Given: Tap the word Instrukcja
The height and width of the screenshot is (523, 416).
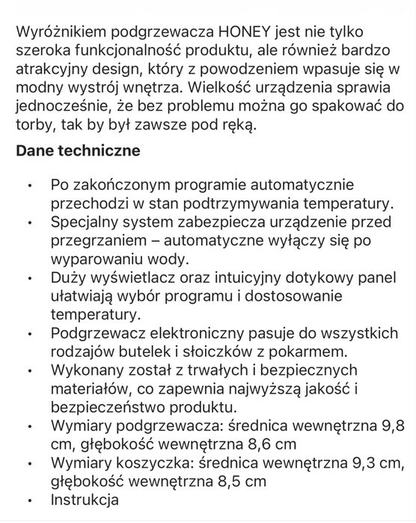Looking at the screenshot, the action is (84, 500).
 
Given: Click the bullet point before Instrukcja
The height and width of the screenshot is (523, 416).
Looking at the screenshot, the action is (28, 501).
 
